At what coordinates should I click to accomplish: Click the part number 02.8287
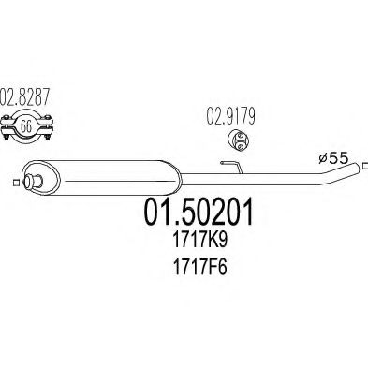pyautogui.click(x=29, y=96)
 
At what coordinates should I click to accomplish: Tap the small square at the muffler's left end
pyautogui.click(x=20, y=170)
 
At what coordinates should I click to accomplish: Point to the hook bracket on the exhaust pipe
pyautogui.click(x=228, y=166)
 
